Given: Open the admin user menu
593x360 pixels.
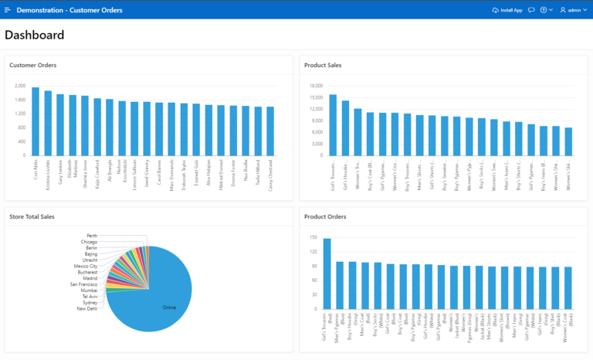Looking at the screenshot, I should tap(573, 10).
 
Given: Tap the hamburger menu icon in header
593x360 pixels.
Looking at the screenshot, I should tap(8, 10).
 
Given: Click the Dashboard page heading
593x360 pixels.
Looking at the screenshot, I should tap(35, 35).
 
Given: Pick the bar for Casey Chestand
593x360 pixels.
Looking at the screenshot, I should tap(270, 131).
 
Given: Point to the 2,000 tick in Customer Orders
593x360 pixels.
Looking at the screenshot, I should tap(20, 86).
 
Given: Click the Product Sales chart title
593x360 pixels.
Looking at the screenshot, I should tap(324, 65).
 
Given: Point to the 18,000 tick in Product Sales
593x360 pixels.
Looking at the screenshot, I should tap(316, 86).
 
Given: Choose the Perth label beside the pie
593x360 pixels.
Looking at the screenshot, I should tap(92, 236).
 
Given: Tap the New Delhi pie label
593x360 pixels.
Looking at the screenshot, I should tap(87, 308).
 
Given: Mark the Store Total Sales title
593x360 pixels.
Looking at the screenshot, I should tap(32, 216).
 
